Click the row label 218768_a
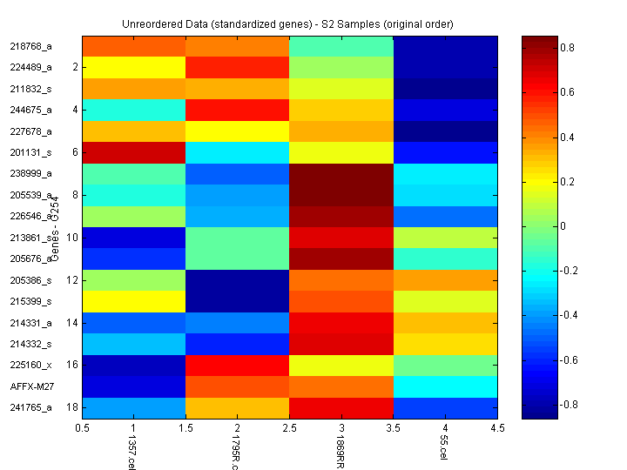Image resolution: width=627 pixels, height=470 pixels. (x=31, y=46)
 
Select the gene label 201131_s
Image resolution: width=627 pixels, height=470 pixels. (x=31, y=152)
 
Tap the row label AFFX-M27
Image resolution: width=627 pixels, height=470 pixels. (x=31, y=386)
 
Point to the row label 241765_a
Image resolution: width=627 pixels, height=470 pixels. (x=31, y=407)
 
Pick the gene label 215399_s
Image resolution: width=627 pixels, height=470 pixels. (x=31, y=301)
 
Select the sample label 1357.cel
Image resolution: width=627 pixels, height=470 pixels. (x=132, y=451)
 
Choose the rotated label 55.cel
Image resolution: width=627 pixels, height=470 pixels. (x=444, y=448)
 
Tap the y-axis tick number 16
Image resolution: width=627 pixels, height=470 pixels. (x=73, y=365)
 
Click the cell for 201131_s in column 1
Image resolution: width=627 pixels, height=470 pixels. (x=133, y=152)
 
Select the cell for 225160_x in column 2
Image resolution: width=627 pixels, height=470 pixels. (x=237, y=365)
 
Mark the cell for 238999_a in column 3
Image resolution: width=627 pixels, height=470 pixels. (x=340, y=173)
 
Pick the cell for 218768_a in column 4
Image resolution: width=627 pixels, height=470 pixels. (x=445, y=46)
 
